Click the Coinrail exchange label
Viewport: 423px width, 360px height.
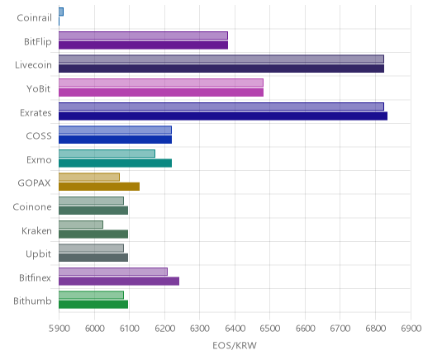click(35, 18)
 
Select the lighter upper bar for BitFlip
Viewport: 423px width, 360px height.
click(143, 36)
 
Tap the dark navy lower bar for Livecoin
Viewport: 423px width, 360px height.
click(221, 69)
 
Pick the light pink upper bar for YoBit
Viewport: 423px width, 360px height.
click(161, 83)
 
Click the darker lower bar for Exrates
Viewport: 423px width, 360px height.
click(223, 116)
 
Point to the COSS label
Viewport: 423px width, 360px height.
click(39, 136)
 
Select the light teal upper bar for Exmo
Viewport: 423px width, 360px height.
click(107, 154)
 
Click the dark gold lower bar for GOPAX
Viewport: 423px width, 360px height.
click(99, 187)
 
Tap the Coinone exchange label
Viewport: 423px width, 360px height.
click(32, 206)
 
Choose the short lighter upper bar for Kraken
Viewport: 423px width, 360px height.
click(81, 225)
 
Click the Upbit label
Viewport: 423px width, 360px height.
click(39, 254)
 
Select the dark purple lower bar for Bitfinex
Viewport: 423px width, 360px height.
click(119, 282)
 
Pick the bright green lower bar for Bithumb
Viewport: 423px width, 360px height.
click(93, 305)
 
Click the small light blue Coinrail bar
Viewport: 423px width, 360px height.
click(61, 12)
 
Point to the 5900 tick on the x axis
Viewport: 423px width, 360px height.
click(59, 329)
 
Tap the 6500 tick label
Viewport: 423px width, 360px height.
click(270, 329)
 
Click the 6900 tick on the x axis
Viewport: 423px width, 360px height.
click(411, 329)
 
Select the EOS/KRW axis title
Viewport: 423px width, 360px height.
click(235, 345)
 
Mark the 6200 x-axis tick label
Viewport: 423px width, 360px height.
click(164, 329)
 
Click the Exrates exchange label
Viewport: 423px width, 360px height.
click(36, 113)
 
